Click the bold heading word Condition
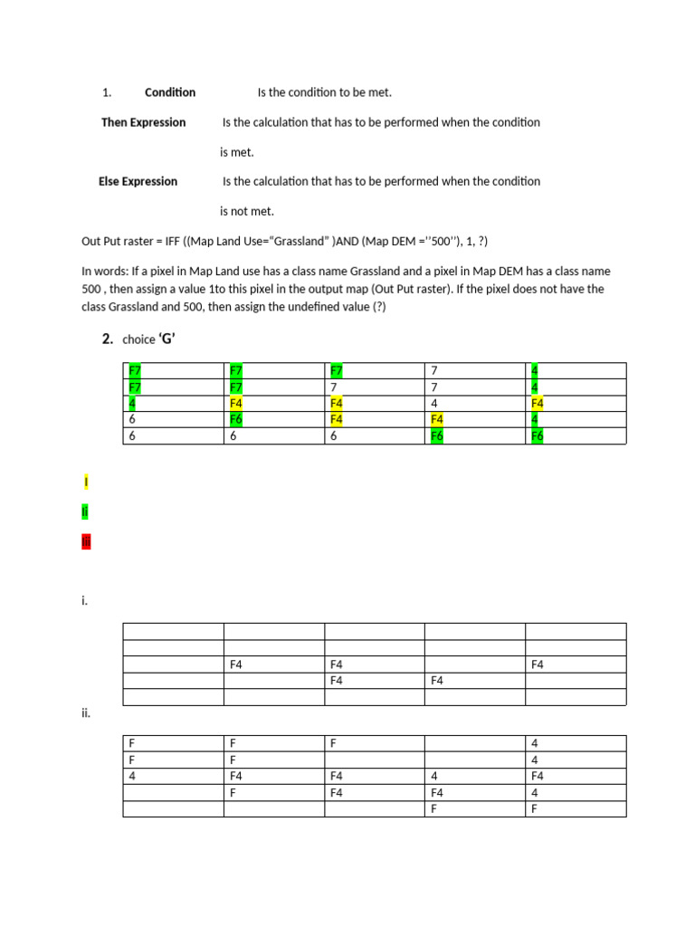point(170,92)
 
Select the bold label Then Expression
point(143,122)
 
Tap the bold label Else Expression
point(138,181)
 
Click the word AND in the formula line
point(335,241)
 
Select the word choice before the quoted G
point(138,339)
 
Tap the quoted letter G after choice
point(167,339)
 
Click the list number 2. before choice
point(107,339)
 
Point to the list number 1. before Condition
point(107,92)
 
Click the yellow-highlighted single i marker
point(85,482)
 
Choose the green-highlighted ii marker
point(85,511)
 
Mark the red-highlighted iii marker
point(86,542)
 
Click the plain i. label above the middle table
point(84,600)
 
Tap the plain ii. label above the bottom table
point(86,713)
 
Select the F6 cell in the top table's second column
point(236,419)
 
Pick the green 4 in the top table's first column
point(133,403)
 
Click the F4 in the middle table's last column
point(538,664)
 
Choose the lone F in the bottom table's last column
point(535,808)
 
